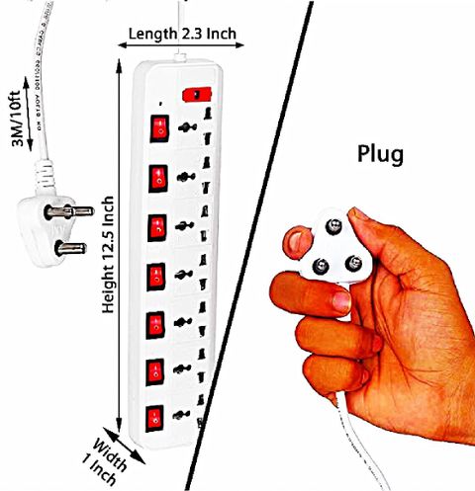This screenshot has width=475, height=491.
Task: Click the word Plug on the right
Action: click(x=380, y=154)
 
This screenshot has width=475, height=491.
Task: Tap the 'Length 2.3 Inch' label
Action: click(x=182, y=34)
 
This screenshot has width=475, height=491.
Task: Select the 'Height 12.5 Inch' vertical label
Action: click(x=108, y=255)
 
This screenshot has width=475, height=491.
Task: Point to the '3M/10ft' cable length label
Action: click(x=16, y=118)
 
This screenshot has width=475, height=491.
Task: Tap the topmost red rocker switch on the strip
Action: click(x=160, y=128)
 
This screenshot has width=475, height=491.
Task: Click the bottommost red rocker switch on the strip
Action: click(x=154, y=418)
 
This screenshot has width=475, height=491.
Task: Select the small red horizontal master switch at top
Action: click(x=197, y=95)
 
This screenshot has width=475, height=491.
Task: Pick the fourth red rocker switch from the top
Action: click(x=156, y=277)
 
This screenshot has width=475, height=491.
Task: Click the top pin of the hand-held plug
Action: click(x=333, y=226)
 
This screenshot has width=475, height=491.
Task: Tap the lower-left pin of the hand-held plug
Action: click(x=321, y=266)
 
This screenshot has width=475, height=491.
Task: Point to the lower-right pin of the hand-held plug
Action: click(x=353, y=264)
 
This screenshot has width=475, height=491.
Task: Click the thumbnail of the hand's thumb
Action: click(x=296, y=240)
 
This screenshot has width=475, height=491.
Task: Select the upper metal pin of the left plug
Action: click(x=69, y=211)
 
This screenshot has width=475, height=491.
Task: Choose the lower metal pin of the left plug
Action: click(x=70, y=249)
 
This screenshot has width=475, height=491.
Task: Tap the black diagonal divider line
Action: click(x=249, y=245)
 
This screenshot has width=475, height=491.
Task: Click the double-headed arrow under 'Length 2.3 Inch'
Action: click(x=181, y=45)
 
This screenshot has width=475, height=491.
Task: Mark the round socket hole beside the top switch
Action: click(x=187, y=127)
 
